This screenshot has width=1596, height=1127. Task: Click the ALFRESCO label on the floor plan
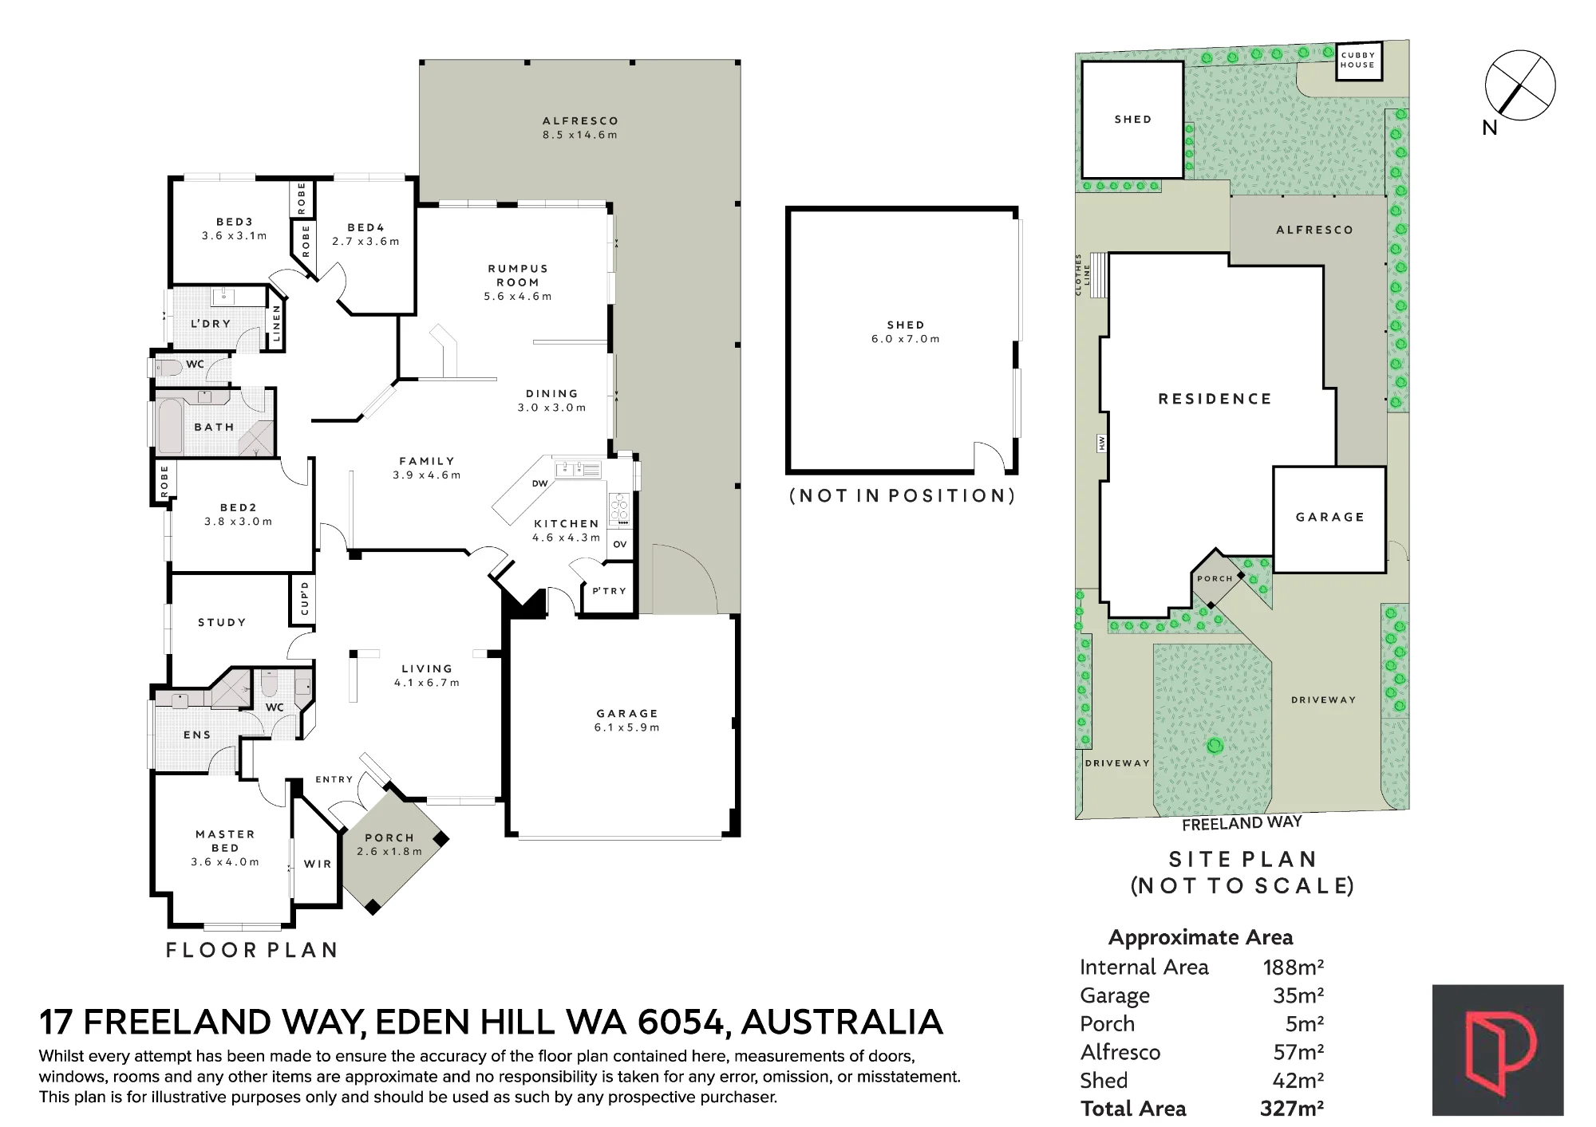click(580, 121)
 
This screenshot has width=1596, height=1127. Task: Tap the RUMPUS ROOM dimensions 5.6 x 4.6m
click(517, 297)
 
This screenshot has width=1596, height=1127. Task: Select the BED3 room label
click(235, 223)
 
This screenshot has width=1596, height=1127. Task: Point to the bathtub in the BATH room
click(170, 427)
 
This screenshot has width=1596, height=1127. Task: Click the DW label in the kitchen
click(539, 483)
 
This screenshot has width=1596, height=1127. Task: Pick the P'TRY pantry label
click(609, 591)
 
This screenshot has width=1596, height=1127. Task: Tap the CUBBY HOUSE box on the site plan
click(1358, 61)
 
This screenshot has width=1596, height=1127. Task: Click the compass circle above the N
click(1519, 85)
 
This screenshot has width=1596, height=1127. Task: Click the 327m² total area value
click(1292, 1109)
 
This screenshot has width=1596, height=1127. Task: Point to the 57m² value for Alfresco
click(1298, 1052)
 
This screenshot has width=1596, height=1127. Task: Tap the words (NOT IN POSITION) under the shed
click(902, 496)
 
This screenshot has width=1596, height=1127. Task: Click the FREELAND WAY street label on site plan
click(1242, 823)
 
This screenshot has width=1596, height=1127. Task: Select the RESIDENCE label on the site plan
click(1215, 399)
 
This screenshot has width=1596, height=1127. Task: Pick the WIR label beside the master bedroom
click(318, 864)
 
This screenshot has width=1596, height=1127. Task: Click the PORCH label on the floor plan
click(389, 838)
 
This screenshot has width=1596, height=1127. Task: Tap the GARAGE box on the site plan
click(1329, 519)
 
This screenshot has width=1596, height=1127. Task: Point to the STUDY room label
click(222, 622)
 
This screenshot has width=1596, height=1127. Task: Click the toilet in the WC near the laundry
click(165, 368)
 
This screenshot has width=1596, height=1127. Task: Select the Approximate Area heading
click(1201, 938)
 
